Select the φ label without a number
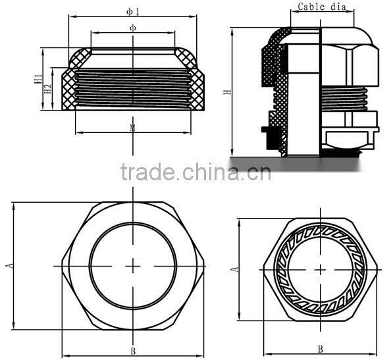[133, 28]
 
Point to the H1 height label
[38, 80]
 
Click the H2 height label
[48, 88]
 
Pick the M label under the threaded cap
[133, 127]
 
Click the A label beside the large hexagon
[9, 265]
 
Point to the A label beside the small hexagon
[234, 269]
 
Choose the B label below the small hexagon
[320, 349]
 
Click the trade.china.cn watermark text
[195, 172]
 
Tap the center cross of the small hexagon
[321, 269]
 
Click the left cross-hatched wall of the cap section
[68, 89]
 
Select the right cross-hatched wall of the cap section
[197, 89]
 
